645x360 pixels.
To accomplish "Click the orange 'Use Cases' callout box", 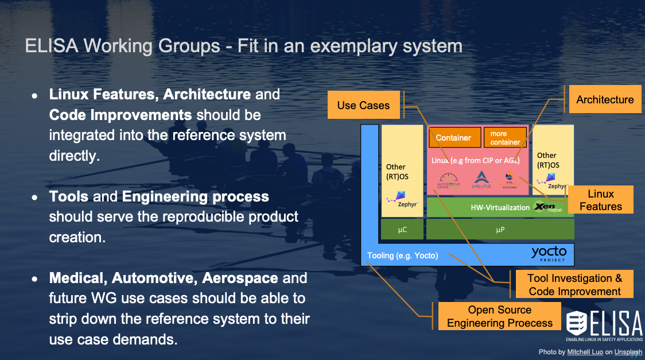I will tap(363, 105).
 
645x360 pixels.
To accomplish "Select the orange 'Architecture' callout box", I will tap(605, 100).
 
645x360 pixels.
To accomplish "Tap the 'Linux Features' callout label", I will tap(600, 200).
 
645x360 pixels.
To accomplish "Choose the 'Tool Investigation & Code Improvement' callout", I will tap(574, 284).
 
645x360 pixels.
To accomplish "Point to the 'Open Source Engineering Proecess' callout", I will tap(499, 316).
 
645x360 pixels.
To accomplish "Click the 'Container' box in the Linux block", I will tap(453, 138).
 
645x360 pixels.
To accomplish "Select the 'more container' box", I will tap(505, 138).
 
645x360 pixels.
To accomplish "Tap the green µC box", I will tap(402, 229).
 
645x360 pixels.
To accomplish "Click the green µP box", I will tap(500, 229).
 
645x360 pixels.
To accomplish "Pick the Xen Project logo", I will tap(546, 207).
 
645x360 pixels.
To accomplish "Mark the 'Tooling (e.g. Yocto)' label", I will tap(402, 256).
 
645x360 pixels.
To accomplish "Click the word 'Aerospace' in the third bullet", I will tap(245, 278).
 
